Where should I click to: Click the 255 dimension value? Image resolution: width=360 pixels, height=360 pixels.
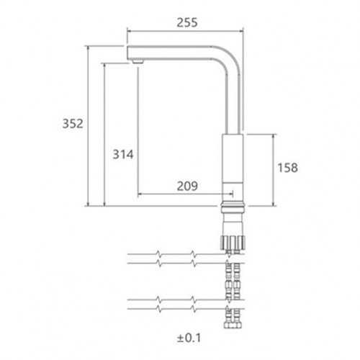pyautogui.click(x=187, y=22)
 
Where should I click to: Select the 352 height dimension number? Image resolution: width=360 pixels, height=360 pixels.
pyautogui.click(x=73, y=124)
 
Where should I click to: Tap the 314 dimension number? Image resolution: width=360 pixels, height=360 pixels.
pyautogui.click(x=123, y=154)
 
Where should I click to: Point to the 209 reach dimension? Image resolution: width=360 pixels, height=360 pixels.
pyautogui.click(x=187, y=186)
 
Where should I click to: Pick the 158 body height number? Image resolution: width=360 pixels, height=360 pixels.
pyautogui.click(x=287, y=168)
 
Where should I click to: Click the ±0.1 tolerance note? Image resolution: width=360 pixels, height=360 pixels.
pyautogui.click(x=189, y=338)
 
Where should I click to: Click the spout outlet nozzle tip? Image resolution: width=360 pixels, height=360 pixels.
pyautogui.click(x=138, y=61)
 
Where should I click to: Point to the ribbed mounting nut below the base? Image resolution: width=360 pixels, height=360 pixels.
pyautogui.click(x=233, y=243)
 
